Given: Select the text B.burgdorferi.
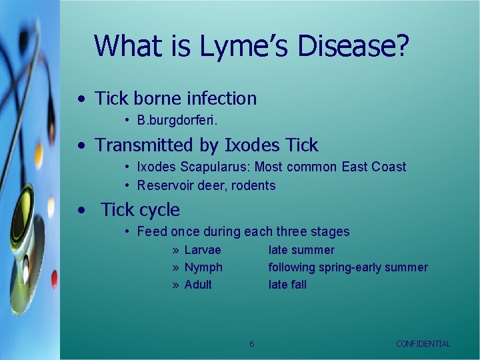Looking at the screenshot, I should coord(177,121).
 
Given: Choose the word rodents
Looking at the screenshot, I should coord(253,185).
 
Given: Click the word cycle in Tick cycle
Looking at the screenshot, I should coord(159,210).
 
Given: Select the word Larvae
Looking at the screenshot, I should coord(203,250).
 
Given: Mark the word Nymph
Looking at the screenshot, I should coord(203,267).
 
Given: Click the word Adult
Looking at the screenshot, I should coord(198,285).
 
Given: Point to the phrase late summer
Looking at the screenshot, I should coord(301,250).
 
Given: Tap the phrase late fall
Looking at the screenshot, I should coord(287,285).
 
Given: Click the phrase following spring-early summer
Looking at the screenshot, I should coord(348,267).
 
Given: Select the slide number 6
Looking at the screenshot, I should coord(251,343).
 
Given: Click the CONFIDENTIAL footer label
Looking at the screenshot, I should coord(423,343).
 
